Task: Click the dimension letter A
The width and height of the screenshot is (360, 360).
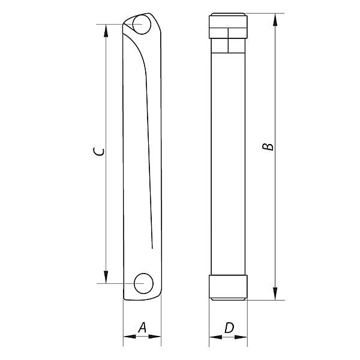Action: click(142, 327)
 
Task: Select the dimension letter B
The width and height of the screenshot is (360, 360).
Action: click(269, 146)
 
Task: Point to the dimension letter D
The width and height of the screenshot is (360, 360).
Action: click(229, 328)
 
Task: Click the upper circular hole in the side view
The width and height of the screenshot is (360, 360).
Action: click(142, 26)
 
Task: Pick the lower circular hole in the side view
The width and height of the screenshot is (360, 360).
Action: click(143, 283)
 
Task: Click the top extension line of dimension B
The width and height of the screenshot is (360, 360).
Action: click(264, 13)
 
